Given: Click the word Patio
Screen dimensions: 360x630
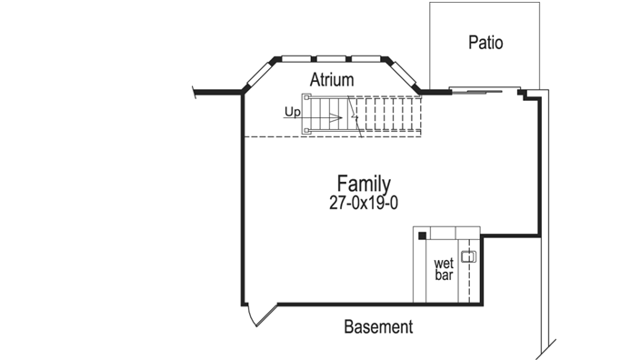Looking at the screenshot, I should (485, 42).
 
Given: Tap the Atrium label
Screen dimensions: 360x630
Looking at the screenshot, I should (331, 80).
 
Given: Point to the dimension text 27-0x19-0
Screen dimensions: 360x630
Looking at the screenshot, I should (364, 204).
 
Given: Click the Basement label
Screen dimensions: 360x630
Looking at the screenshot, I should (378, 326).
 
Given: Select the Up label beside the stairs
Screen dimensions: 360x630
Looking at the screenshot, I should (292, 112).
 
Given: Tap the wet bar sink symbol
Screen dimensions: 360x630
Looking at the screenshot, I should (468, 256).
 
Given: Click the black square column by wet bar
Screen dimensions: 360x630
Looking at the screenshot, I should (423, 236).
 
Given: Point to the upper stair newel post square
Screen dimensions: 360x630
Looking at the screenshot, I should (306, 97).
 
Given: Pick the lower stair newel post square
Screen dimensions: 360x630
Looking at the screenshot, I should (306, 131).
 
